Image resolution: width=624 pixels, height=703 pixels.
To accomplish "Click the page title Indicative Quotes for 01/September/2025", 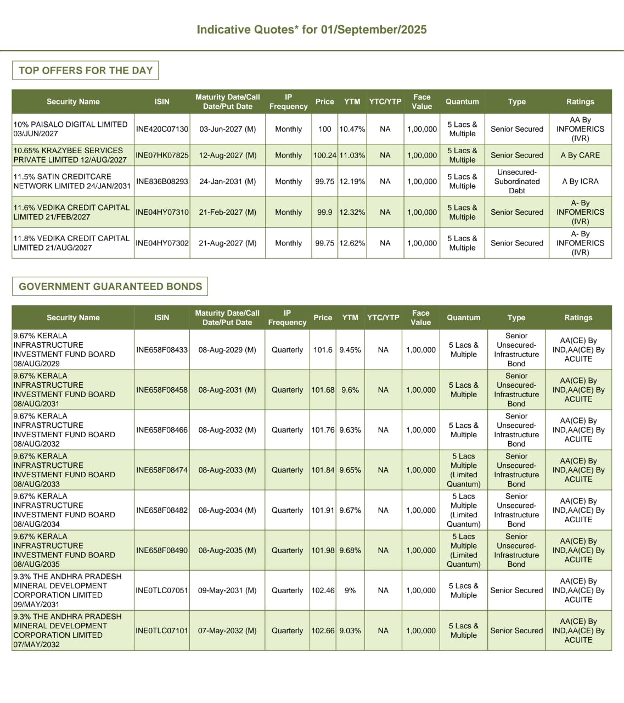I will coord(312,30).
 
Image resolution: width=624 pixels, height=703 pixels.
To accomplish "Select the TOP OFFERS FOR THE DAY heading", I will coord(86,70).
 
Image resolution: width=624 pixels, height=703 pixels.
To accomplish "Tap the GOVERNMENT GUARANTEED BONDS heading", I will coord(110,286).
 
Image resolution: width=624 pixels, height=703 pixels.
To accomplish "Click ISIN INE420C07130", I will coord(162,129).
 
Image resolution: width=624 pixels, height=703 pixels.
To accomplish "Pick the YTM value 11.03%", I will coord(352,155).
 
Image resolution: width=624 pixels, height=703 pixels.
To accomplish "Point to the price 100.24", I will coord(324,155).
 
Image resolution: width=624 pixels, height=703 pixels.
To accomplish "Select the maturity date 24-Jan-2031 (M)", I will coord(227,181).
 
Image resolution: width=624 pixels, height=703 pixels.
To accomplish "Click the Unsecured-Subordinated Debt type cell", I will coord(516,181).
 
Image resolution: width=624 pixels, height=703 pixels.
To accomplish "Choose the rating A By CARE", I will coord(580,155).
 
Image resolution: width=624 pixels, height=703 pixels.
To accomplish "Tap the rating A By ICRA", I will coord(580,181).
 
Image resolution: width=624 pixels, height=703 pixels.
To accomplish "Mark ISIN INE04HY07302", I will coord(162,243).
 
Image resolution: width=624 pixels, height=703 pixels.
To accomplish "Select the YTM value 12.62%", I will coord(352,243).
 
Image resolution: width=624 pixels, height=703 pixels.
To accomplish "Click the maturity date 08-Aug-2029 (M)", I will coord(227,350).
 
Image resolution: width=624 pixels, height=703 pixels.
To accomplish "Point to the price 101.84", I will coord(323,470).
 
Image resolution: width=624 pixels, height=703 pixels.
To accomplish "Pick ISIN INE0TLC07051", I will coord(162,590).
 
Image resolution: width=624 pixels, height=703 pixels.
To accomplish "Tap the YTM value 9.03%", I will coord(350,631).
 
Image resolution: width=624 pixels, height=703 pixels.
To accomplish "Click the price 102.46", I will coord(323,590).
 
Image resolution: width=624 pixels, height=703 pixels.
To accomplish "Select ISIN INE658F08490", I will coord(162,550).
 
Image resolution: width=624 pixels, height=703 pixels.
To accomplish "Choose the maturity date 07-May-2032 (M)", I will coord(227,631).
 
